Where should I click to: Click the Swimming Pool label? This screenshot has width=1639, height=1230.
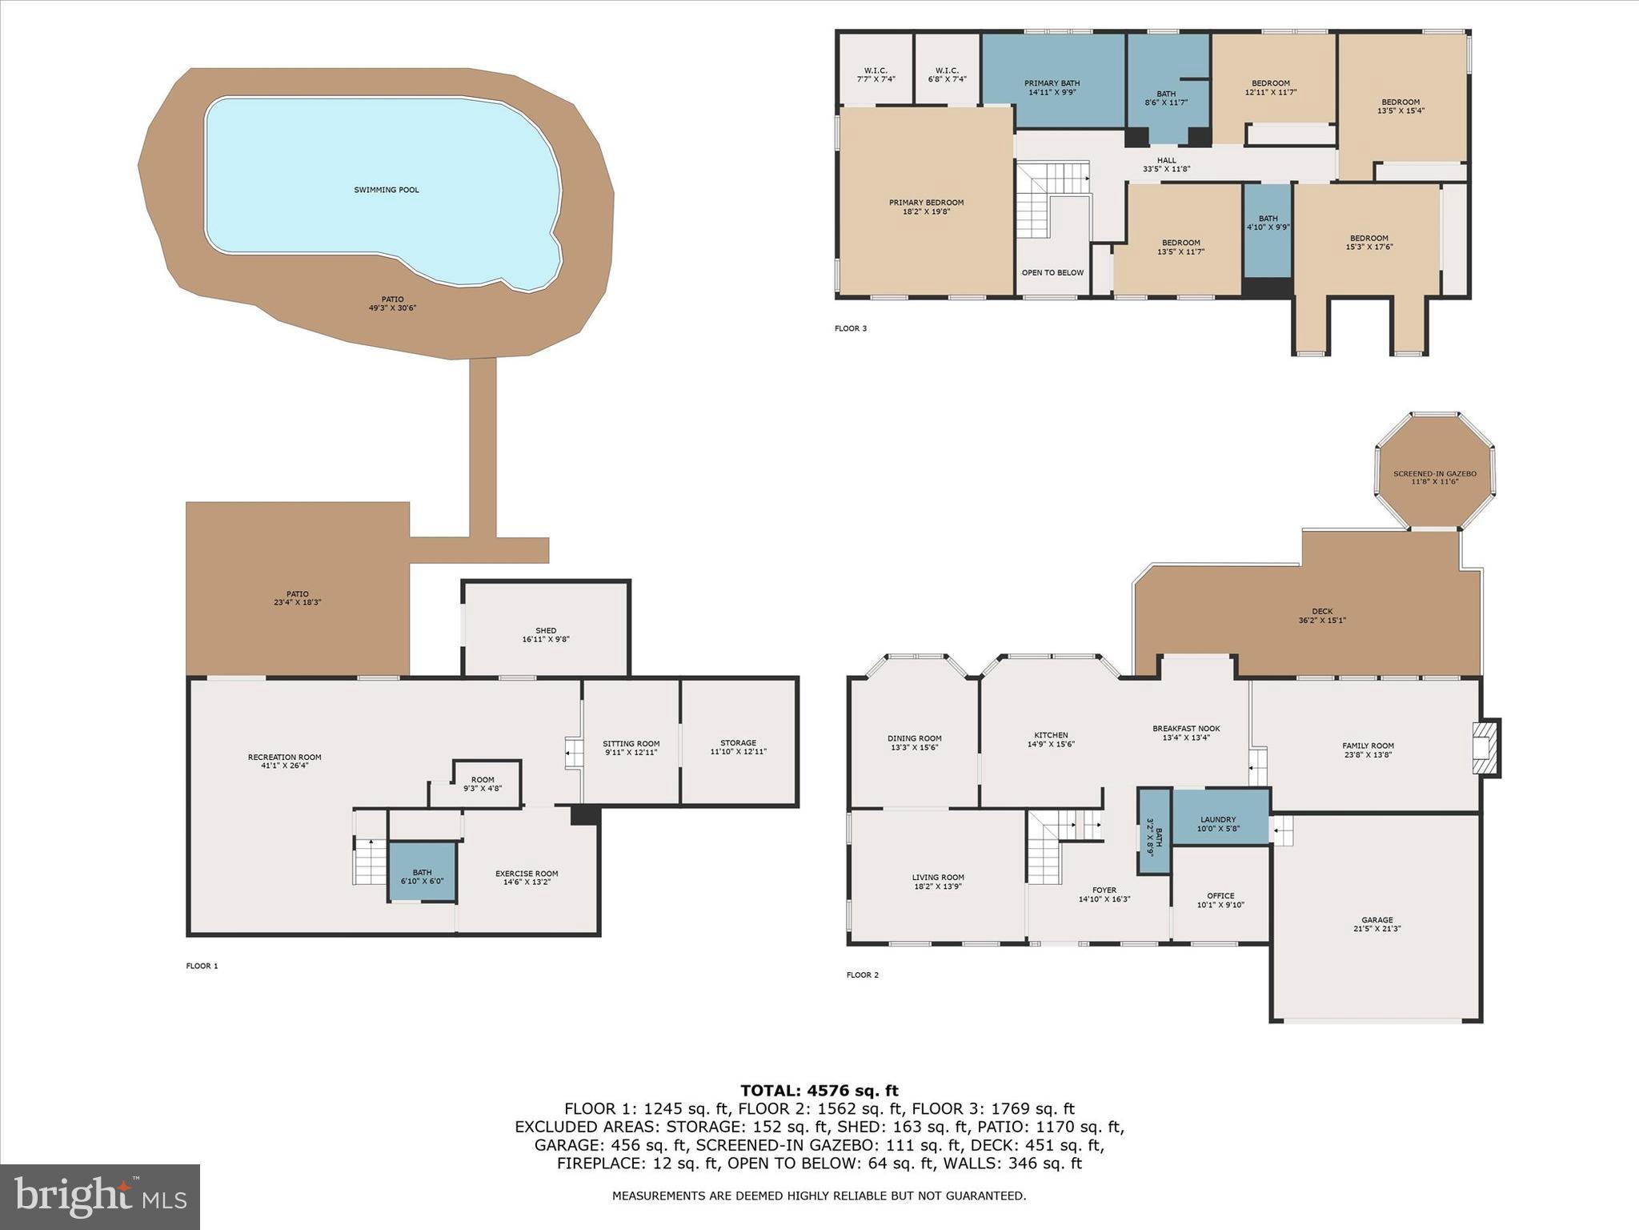pyautogui.click(x=387, y=190)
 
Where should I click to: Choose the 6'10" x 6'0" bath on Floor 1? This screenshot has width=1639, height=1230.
pyautogui.click(x=422, y=873)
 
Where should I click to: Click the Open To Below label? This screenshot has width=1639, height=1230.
pyautogui.click(x=1052, y=272)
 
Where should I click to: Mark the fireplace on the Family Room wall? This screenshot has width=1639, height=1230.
pyautogui.click(x=1487, y=748)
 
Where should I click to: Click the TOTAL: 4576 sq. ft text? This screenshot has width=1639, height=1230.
pyautogui.click(x=819, y=1090)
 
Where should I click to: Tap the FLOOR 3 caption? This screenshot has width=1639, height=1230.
pyautogui.click(x=850, y=328)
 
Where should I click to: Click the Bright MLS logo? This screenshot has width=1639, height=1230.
pyautogui.click(x=100, y=1196)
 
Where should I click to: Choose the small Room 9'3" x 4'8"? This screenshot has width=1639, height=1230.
pyautogui.click(x=483, y=782)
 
